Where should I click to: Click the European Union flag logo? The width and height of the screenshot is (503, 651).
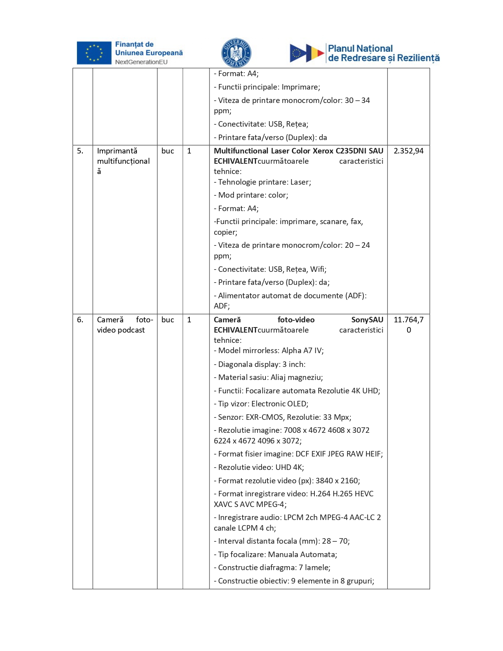(x=94, y=53)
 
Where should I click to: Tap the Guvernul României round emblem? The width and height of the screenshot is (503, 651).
(x=236, y=53)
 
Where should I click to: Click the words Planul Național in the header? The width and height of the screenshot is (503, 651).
(x=360, y=49)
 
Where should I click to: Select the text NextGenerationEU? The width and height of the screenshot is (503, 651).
(x=141, y=62)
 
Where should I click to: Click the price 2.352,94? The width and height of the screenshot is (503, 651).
(x=408, y=151)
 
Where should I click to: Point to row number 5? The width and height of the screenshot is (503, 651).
(x=80, y=151)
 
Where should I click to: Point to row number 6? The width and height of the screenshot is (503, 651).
(x=80, y=320)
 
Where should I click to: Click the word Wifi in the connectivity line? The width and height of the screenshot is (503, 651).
(x=318, y=269)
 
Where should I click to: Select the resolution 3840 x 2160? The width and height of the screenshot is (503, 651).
(x=337, y=481)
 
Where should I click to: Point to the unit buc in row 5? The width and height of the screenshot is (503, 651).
(x=168, y=151)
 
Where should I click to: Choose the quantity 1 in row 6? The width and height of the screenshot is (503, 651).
(x=189, y=320)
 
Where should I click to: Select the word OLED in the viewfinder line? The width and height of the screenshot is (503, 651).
(x=298, y=404)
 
